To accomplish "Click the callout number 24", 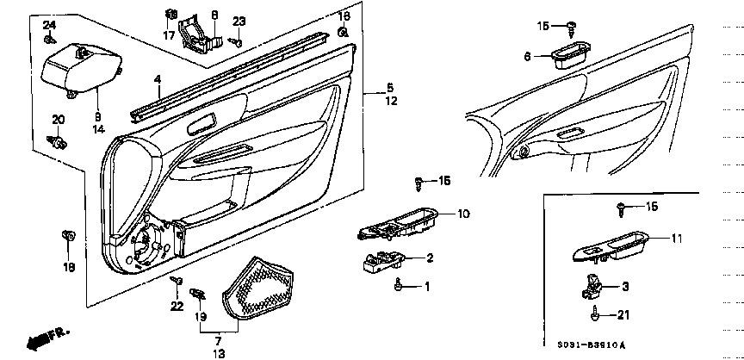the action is point(48,24).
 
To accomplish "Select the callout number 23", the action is point(239,21).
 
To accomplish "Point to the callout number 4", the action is point(158,79).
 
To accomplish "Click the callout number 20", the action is point(59,119).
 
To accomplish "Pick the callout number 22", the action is point(177,307).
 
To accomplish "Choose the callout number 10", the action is point(462,214).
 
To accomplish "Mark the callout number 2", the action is point(430,258).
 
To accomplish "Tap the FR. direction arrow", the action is point(42,338).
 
